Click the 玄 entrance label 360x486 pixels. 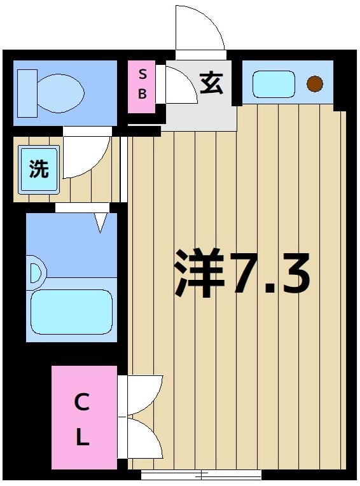coord(212,83)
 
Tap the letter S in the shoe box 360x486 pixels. coord(142,74)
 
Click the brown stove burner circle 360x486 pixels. coord(315,83)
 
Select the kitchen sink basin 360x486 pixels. coord(273,83)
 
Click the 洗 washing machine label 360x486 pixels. coord(39,169)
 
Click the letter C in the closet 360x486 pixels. coord(81,401)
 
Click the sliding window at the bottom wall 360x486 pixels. coord(201,475)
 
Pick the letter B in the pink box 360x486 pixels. coord(142,94)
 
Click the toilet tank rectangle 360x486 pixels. coord(26,93)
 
